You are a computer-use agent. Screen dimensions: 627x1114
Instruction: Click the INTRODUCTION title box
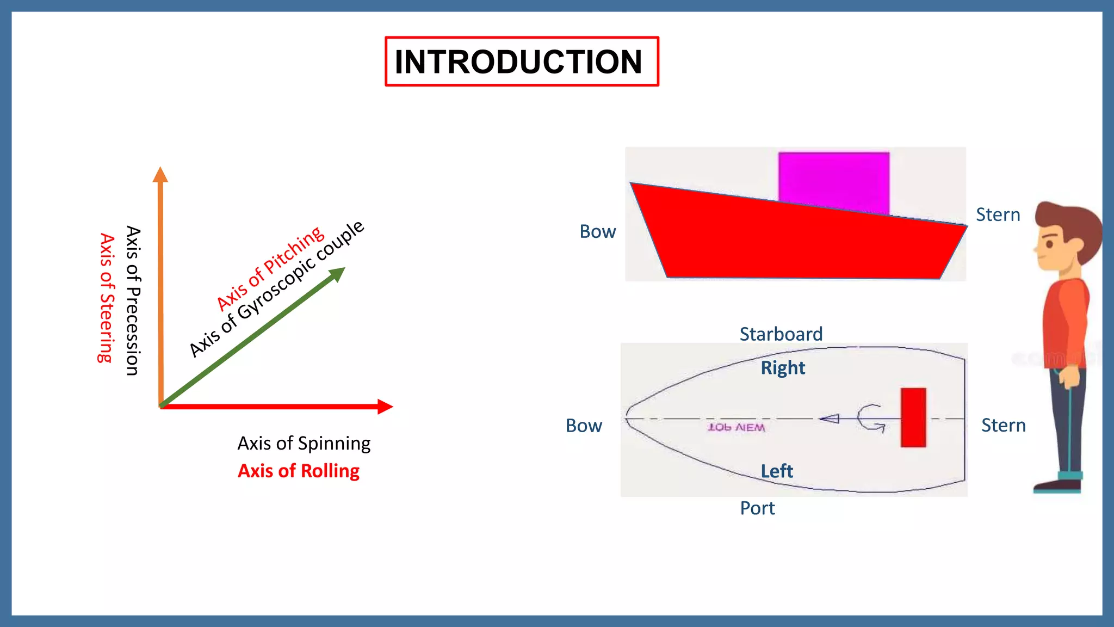click(x=521, y=62)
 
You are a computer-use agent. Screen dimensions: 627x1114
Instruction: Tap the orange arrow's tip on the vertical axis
click(x=160, y=174)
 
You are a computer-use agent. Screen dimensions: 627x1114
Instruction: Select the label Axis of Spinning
click(x=304, y=444)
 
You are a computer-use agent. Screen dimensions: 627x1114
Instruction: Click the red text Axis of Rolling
click(x=299, y=471)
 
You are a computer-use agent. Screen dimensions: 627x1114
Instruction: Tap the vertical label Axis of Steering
click(x=107, y=298)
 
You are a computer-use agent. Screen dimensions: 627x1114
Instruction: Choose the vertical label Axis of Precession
click(x=133, y=300)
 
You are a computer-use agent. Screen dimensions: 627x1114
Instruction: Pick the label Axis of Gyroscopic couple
click(x=276, y=289)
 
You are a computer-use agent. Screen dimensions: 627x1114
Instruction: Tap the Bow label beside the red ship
click(x=597, y=232)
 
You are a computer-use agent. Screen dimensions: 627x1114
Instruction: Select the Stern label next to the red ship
click(x=998, y=214)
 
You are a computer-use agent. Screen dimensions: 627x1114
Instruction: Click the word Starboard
click(x=781, y=334)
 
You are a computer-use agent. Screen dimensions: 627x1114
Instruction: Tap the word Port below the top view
click(x=757, y=508)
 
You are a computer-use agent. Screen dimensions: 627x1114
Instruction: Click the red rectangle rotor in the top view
click(x=913, y=417)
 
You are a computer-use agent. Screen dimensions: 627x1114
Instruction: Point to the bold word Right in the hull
click(x=782, y=368)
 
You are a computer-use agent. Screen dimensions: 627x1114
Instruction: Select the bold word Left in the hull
click(x=776, y=471)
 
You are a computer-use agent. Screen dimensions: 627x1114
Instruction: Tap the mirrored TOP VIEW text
click(x=736, y=428)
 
